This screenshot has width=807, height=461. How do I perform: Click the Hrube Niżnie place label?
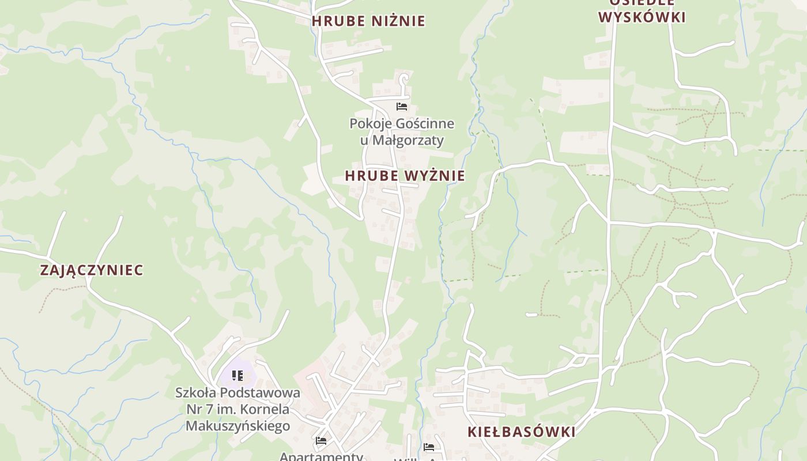[x=368, y=21]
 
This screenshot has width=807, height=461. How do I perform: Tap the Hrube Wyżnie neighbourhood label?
[x=405, y=176]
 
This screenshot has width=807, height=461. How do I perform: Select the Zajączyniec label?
[x=92, y=270]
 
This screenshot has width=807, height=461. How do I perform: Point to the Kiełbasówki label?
[x=521, y=432]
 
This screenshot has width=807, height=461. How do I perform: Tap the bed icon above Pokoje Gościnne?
[x=402, y=107]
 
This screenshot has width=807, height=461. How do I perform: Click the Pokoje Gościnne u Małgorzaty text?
[x=402, y=132]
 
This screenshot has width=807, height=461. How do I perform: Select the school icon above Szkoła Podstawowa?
[x=237, y=376]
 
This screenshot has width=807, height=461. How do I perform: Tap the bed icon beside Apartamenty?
[x=321, y=441]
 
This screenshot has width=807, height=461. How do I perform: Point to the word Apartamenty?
[x=321, y=456]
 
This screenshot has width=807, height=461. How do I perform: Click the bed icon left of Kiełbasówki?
[x=429, y=447]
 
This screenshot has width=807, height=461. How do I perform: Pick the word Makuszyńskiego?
[x=237, y=426]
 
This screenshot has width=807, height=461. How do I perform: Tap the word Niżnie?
[x=398, y=21]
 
